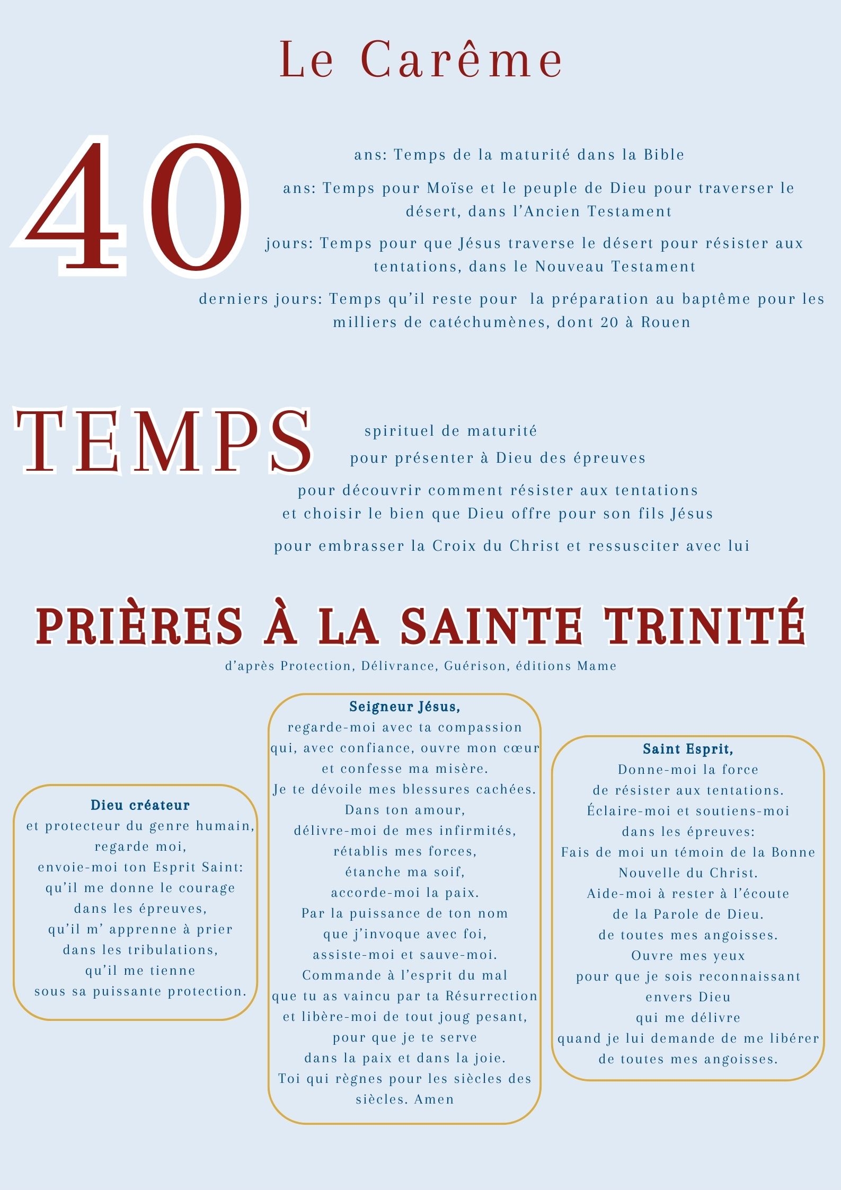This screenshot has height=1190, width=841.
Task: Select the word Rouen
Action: point(666,322)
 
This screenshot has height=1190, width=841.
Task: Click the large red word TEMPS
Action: point(163,441)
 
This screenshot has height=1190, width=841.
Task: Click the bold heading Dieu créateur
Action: point(140,805)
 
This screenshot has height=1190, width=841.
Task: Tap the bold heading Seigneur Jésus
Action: point(404,707)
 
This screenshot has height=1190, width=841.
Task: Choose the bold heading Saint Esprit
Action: point(687,749)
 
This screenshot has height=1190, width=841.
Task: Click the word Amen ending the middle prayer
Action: point(434,1099)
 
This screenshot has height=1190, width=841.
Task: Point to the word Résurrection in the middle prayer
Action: point(491,996)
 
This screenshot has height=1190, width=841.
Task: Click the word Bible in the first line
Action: point(663,155)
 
